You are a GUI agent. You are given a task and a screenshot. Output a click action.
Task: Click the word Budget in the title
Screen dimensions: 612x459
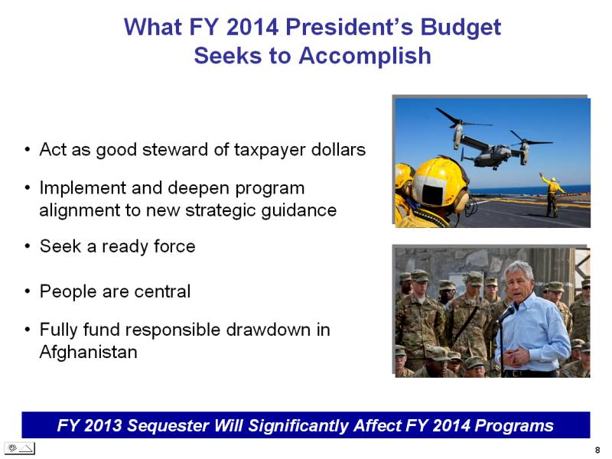coord(461,28)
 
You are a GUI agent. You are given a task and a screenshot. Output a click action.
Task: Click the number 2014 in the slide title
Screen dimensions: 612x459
coord(252,27)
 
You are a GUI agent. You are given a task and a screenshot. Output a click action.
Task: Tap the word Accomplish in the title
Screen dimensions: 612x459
coord(365,56)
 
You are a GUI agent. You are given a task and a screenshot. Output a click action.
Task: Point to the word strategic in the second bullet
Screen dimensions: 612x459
coord(220,211)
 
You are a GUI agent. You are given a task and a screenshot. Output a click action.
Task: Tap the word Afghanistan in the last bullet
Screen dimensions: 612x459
coord(89,352)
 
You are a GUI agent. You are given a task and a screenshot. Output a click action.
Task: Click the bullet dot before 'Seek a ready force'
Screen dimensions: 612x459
coord(27,247)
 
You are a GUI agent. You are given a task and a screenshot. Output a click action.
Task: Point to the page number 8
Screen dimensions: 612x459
coord(597,450)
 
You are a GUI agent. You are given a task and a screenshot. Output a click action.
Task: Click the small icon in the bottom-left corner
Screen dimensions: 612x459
coord(20,448)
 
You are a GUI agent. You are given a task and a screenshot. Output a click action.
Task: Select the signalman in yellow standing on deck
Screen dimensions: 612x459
coord(551,195)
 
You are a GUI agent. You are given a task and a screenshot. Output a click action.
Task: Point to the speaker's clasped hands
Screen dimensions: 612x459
coord(516,357)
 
